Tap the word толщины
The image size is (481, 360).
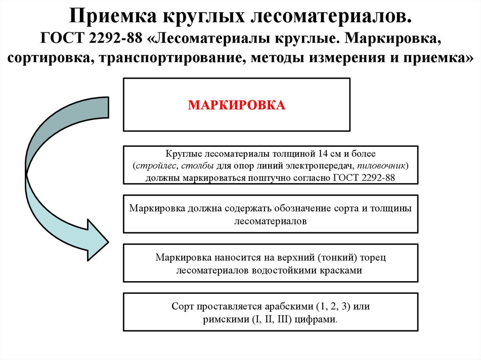coord(390,208)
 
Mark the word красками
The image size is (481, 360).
coord(345,270)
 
